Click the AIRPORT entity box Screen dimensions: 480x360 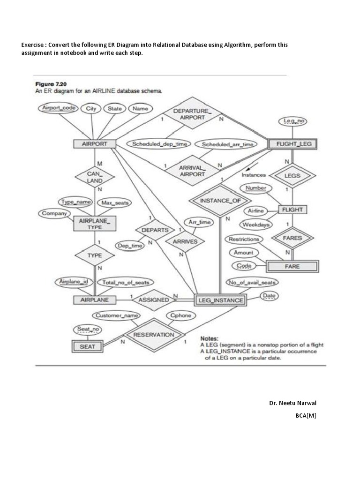click(x=95, y=144)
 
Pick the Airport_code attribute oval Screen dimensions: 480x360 click(x=59, y=108)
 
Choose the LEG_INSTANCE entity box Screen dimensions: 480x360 click(x=219, y=300)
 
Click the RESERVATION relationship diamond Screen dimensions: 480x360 click(x=153, y=335)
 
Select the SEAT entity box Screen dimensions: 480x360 click(x=87, y=346)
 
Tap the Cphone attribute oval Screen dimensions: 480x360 click(x=181, y=315)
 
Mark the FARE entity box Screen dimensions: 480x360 click(x=292, y=266)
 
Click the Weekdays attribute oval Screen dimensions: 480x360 click(x=257, y=225)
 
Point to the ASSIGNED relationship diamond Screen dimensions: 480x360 click(x=154, y=300)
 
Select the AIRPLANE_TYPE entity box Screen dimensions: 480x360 click(x=95, y=224)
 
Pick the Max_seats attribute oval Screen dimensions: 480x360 click(x=114, y=202)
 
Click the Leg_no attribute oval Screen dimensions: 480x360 click(x=292, y=121)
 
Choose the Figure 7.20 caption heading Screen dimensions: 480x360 click(x=51, y=84)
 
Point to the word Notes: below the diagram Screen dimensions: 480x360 click(x=209, y=338)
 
